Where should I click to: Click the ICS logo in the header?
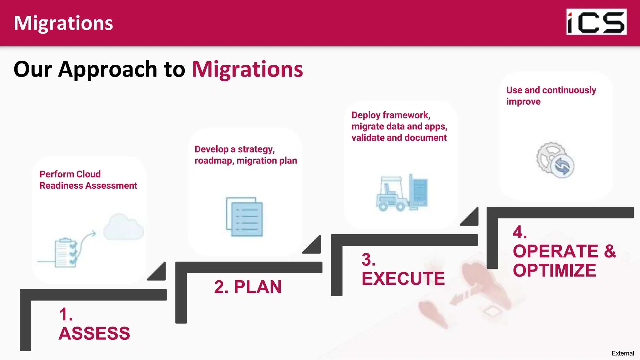pos(596,22)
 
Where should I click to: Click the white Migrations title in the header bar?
pos(63,23)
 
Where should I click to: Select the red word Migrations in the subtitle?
pos(247,69)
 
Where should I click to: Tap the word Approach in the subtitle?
pos(108,69)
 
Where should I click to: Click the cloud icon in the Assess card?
pos(124,227)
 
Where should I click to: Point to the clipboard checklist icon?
pos(66,252)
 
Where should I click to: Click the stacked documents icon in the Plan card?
pos(244,217)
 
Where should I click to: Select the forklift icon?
pos(402,193)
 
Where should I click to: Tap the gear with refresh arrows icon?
pos(555,160)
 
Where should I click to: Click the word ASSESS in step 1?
pos(94,333)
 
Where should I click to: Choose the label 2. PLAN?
pos(248,287)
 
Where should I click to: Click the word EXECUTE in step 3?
pos(403,278)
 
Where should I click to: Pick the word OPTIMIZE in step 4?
pos(554,270)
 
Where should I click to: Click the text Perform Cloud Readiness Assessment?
pos(88,180)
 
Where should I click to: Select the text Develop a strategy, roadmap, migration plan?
pos(246,155)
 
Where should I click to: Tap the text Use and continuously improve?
pos(551,96)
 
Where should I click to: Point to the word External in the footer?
pos(622,353)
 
